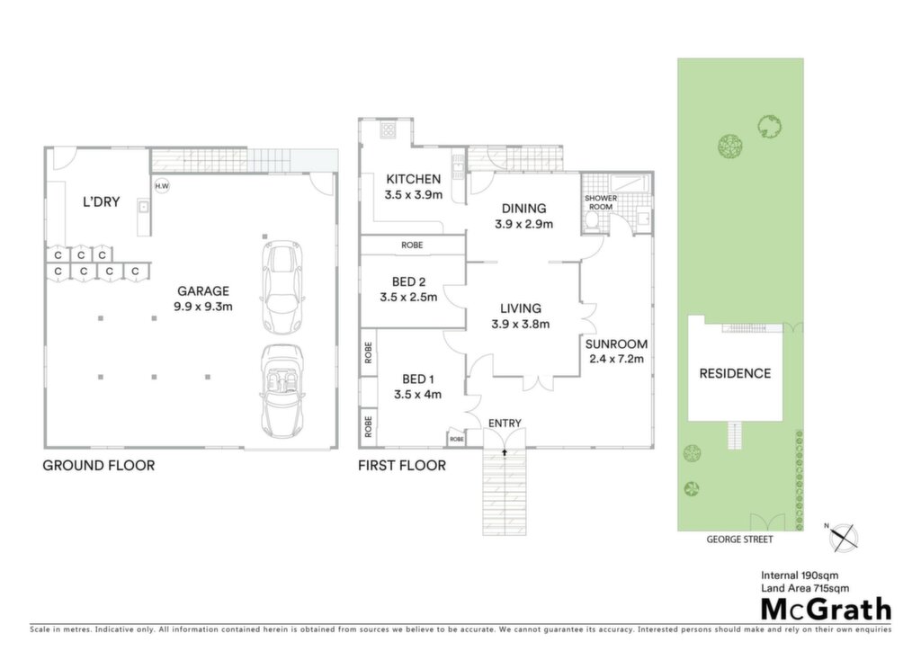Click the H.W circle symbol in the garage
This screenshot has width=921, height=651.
[x=162, y=186]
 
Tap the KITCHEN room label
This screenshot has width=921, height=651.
[x=414, y=179]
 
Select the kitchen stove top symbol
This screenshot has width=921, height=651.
[x=389, y=129]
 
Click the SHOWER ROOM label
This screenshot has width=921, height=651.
[x=600, y=202]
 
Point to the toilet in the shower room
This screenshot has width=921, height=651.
[x=592, y=222]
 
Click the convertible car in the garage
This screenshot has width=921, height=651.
[x=282, y=391]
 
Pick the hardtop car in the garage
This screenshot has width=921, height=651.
[x=282, y=287]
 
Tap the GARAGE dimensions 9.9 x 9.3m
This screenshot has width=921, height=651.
[x=203, y=307]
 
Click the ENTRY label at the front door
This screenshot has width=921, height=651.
[x=505, y=424]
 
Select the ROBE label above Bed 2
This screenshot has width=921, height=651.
[x=412, y=245]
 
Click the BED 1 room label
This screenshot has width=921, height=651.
[x=417, y=379]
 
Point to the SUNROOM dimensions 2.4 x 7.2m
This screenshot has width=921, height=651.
[x=616, y=360]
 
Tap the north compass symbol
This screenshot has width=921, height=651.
[x=844, y=537]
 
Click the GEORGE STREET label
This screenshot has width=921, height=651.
[x=739, y=540]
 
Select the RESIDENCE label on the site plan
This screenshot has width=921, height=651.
[x=735, y=373]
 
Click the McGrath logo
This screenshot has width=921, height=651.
[x=826, y=610]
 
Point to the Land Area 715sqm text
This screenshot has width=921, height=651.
[x=805, y=588]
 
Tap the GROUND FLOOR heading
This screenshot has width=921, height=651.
[x=99, y=466]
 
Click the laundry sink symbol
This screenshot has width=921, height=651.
[x=143, y=207]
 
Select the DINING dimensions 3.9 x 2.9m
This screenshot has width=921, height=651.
[x=524, y=224]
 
